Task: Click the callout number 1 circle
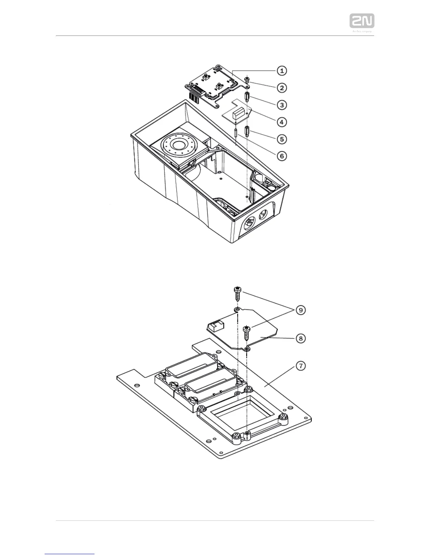[x=282, y=71]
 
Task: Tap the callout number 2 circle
[x=282, y=88]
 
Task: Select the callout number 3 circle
[x=282, y=104]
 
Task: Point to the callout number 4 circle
[x=282, y=122]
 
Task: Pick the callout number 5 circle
[x=282, y=139]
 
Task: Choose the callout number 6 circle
[x=282, y=156]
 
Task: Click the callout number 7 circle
[x=301, y=366]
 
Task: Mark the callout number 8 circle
[x=301, y=338]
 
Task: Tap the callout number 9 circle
[x=301, y=310]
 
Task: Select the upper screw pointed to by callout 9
[x=237, y=293]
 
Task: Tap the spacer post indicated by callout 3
[x=248, y=96]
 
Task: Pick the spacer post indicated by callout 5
[x=248, y=132]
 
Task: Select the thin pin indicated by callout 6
[x=235, y=134]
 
